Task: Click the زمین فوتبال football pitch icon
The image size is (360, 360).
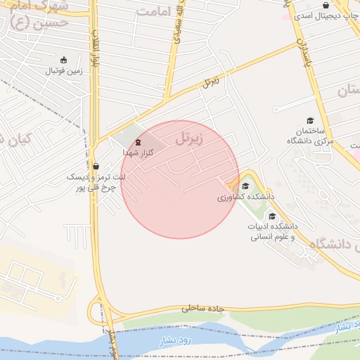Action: [65, 60]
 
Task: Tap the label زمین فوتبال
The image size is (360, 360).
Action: [65, 70]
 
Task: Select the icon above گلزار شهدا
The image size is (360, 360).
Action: [137, 142]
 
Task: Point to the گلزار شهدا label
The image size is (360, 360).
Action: [138, 152]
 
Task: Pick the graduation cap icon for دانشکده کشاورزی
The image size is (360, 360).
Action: [245, 186]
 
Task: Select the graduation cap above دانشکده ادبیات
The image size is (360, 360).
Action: [272, 216]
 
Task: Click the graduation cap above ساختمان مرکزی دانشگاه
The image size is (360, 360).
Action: [309, 121]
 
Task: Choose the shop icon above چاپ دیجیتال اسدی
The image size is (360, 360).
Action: [326, 5]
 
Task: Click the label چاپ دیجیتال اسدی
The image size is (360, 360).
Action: [325, 15]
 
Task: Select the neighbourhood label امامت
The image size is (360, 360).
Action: [154, 12]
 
